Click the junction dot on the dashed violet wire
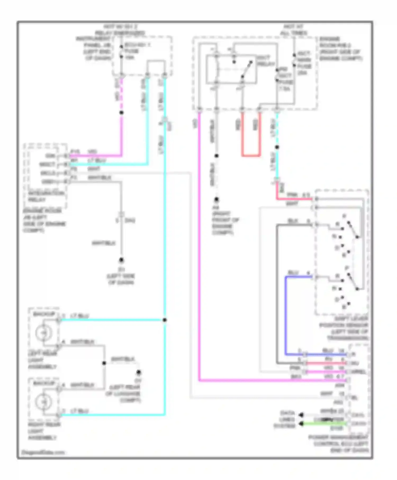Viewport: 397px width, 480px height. pyautogui.click(x=121, y=112)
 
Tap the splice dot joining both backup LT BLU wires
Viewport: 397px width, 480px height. pyautogui.click(x=165, y=320)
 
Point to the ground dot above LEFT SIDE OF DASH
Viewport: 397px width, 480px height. pyautogui.click(x=121, y=260)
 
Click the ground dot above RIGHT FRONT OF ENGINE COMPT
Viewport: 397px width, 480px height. pyautogui.click(x=216, y=199)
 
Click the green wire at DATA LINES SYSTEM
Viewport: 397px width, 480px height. pyautogui.click(x=324, y=424)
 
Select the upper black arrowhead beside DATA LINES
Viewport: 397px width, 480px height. pyautogui.click(x=301, y=415)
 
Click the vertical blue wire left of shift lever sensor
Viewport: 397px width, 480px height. pyautogui.click(x=286, y=315)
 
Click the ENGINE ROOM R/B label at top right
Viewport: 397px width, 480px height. pyautogui.click(x=340, y=49)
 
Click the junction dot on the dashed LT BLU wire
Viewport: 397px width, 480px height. pyautogui.click(x=277, y=147)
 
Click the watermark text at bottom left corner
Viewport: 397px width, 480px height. pyautogui.click(x=43, y=452)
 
